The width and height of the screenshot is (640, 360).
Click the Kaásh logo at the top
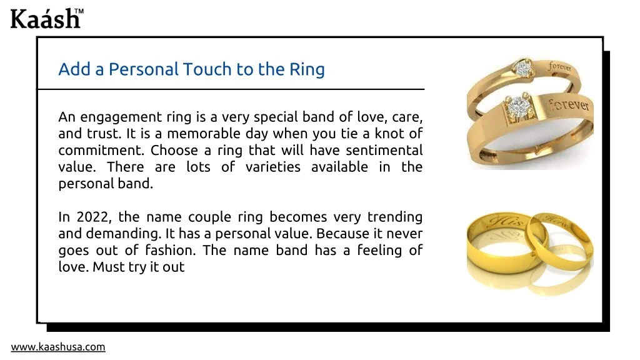(x=46, y=19)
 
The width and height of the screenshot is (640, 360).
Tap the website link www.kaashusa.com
(x=58, y=347)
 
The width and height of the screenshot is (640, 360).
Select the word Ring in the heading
(x=307, y=70)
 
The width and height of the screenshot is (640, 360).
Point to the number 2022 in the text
(x=94, y=217)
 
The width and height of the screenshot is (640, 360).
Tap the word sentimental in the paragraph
(x=384, y=150)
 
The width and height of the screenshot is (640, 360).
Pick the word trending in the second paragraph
(x=395, y=217)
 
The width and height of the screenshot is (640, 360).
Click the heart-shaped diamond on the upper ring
(x=522, y=69)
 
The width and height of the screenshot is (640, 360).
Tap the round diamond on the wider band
(x=519, y=107)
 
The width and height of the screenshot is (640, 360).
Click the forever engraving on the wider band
(x=568, y=104)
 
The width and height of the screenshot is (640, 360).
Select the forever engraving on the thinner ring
(x=560, y=66)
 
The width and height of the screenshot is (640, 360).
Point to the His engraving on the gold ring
(x=506, y=221)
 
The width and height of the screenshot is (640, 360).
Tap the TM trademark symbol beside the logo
(x=79, y=11)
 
